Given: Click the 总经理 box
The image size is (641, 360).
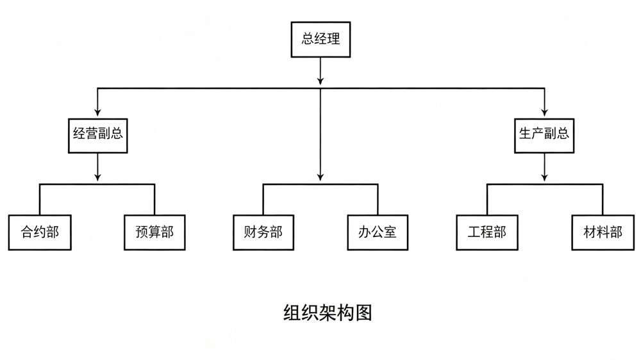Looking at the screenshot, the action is [x=320, y=39].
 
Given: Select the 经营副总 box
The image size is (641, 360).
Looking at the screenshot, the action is [x=97, y=136].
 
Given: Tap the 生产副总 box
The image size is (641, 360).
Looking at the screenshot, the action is [x=544, y=136].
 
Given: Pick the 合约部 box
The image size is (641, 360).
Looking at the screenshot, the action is [x=40, y=232].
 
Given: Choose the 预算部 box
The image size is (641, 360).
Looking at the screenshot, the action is [x=154, y=232].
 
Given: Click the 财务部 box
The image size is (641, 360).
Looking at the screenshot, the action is [x=263, y=232].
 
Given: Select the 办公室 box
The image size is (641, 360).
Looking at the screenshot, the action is [x=378, y=232].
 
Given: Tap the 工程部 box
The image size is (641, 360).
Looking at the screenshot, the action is [x=487, y=232].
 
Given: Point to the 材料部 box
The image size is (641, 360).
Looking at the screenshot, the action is [x=603, y=232].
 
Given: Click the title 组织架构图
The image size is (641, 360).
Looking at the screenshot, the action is [x=328, y=313].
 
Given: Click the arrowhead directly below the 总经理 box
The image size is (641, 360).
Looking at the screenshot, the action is [x=320, y=81].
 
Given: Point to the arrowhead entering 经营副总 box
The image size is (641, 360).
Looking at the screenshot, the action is [x=97, y=111].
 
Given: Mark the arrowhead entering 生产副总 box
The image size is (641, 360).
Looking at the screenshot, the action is [x=544, y=111].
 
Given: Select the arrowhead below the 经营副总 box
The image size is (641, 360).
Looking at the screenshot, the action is [x=97, y=177].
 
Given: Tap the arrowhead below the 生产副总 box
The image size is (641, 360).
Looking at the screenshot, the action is [x=544, y=177].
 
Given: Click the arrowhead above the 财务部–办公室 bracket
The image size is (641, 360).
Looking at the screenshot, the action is [x=320, y=177].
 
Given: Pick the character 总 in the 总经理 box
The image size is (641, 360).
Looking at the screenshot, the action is [x=308, y=39].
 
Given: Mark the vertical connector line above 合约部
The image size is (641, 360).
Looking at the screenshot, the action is [x=40, y=199].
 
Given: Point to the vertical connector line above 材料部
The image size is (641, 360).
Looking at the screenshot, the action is [x=603, y=199].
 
